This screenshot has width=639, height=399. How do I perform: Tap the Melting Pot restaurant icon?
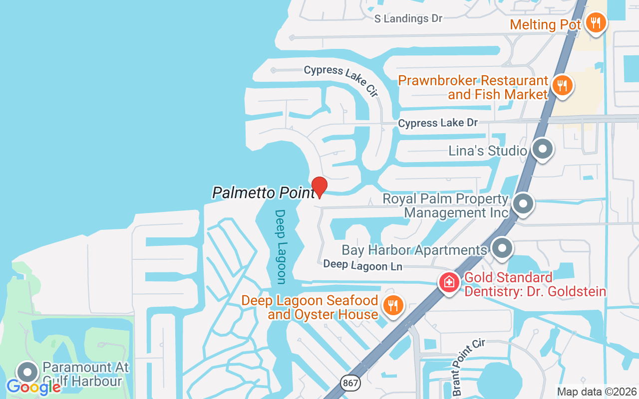[595, 23]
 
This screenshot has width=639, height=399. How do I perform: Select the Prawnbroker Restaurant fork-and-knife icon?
[562, 86]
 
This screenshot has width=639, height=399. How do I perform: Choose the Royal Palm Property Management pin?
[523, 204]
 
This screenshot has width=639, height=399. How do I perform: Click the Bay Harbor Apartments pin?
[502, 248]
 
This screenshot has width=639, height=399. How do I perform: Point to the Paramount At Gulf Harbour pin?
[27, 373]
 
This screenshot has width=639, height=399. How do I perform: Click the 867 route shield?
[350, 383]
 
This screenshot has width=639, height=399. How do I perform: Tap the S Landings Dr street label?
[409, 18]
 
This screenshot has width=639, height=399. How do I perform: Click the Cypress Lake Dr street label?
[438, 123]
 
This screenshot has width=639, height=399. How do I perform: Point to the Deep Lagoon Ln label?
[362, 265]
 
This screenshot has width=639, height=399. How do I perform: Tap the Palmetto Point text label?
[263, 193]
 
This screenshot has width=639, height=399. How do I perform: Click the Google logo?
[33, 387]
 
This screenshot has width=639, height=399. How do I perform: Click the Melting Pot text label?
[545, 24]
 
